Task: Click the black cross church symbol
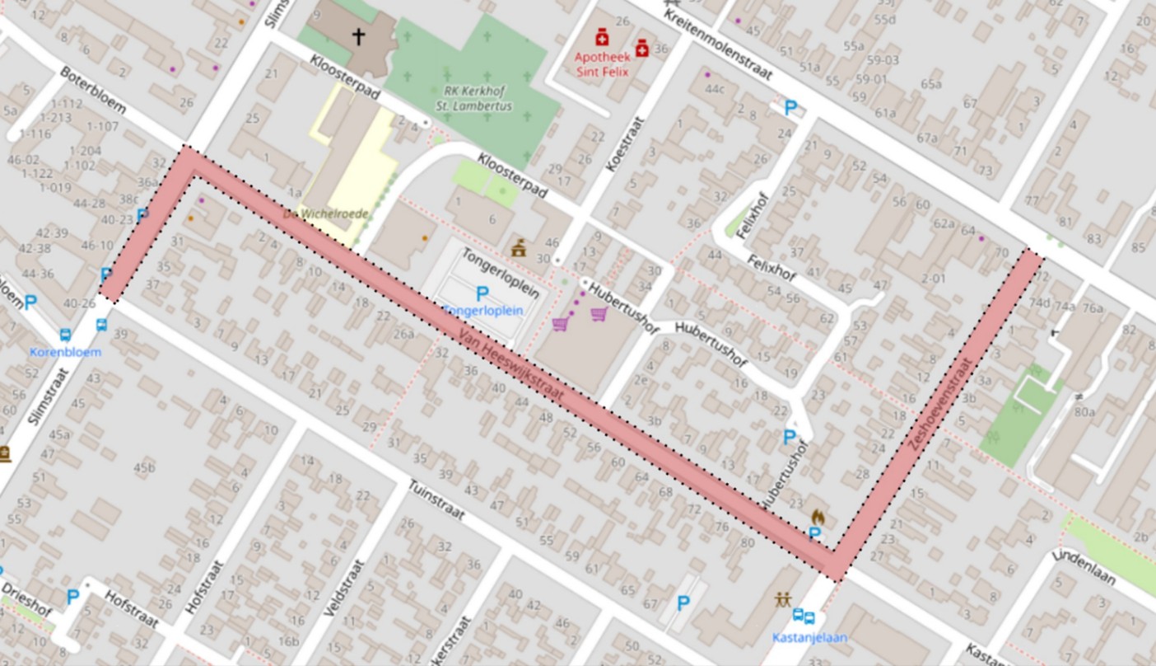[358, 36]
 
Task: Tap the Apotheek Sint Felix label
[603, 64]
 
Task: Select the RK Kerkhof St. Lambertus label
[474, 99]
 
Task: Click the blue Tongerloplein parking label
[482, 311]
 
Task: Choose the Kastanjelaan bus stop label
[809, 637]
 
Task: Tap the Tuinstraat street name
[436, 500]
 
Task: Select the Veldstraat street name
[344, 588]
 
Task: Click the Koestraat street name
[623, 143]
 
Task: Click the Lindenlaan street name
[1084, 567]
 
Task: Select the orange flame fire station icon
[818, 517]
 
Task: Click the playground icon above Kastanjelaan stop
[782, 599]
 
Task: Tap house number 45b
[144, 468]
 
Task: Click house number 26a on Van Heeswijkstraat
[403, 334]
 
